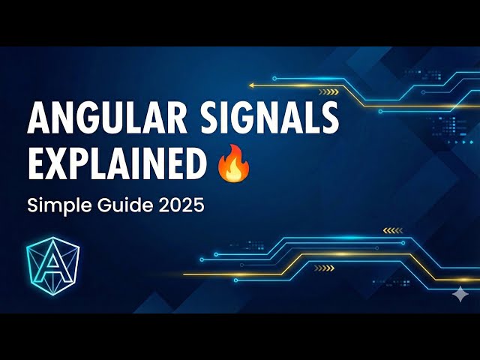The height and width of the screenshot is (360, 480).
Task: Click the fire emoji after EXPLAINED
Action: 233,163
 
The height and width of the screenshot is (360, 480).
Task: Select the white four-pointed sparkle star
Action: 459,294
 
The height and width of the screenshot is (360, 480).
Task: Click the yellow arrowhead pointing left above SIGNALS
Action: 252,85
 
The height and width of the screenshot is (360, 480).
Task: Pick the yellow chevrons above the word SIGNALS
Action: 328,92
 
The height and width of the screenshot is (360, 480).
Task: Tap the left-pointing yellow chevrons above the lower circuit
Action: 392,229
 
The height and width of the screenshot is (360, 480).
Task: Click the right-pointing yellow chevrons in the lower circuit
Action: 325,267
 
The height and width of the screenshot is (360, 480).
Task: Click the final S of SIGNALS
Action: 328,121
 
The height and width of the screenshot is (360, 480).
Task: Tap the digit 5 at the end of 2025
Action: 198,205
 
